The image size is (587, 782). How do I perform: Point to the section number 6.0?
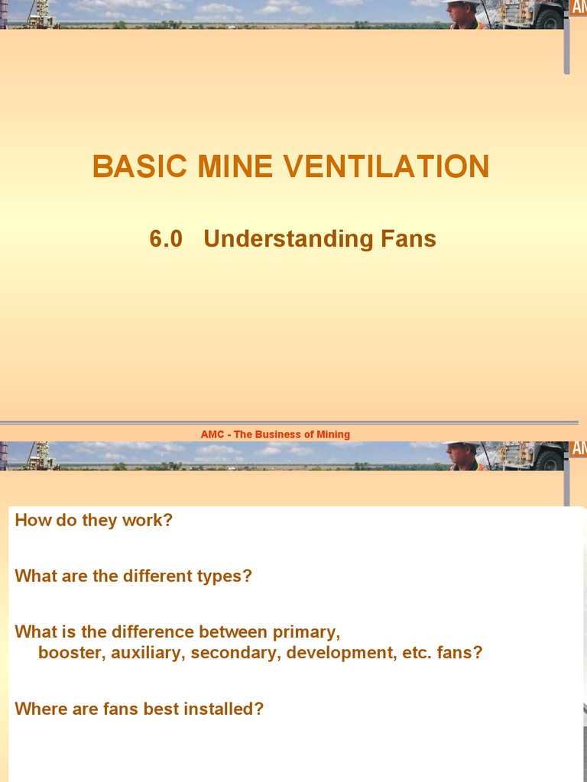tap(166, 239)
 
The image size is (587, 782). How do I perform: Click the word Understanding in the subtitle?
tap(288, 239)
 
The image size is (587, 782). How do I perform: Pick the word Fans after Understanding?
tap(408, 239)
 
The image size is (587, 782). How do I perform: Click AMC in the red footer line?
tap(212, 435)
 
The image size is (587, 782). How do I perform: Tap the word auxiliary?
tap(147, 654)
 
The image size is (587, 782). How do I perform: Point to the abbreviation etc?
tap(415, 654)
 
